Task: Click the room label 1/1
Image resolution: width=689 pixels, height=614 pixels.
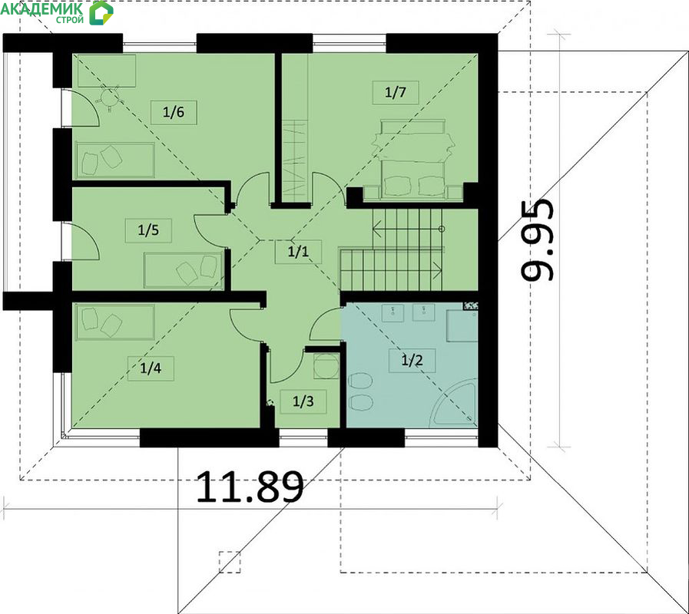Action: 298,252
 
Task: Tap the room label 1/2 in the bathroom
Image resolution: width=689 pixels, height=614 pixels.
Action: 412,361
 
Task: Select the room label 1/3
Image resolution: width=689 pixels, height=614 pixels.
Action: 303,401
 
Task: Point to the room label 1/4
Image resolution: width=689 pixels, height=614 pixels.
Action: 151,368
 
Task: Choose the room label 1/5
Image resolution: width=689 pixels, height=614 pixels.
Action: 148,230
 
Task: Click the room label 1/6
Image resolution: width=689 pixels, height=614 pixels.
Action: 174,112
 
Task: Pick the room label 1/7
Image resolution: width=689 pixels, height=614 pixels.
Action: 396,92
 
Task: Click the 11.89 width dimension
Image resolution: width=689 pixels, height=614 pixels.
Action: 250,487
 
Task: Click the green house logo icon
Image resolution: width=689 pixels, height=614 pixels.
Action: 101,13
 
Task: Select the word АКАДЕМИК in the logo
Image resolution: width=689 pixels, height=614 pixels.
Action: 41,8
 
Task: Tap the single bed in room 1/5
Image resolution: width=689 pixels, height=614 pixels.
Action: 184,270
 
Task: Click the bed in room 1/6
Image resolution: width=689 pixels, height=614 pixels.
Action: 115,160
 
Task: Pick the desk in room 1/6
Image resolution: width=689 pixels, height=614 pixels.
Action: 106,71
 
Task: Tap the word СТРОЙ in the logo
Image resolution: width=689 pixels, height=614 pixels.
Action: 69,20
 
